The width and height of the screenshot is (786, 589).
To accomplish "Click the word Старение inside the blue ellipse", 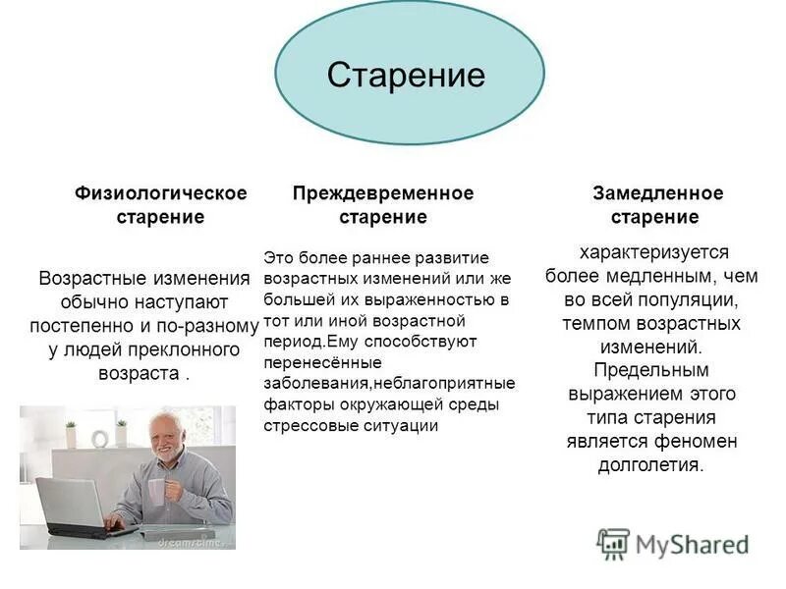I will coord(406,76).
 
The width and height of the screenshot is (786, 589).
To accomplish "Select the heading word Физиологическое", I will coord(161,192).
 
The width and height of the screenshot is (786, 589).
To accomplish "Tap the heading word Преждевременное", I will coord(383,192).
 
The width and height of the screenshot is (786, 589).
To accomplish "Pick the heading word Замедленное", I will coord(657,192).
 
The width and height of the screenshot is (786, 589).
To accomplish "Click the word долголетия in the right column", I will coord(649,465).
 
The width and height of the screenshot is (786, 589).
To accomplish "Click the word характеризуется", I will coord(653,252).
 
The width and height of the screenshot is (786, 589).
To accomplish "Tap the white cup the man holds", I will coord(157,491).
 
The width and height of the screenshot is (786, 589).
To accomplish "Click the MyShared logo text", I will coord(692,543).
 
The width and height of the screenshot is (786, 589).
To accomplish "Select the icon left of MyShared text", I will coord(613,543).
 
